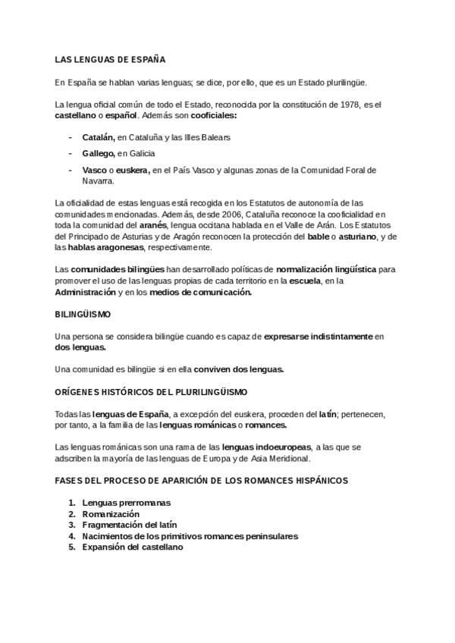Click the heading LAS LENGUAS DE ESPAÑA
[110, 59]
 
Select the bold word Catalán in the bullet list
[98, 138]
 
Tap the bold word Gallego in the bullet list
[99, 154]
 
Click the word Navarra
[97, 181]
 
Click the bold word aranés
[154, 225]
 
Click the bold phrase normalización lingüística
[326, 269]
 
